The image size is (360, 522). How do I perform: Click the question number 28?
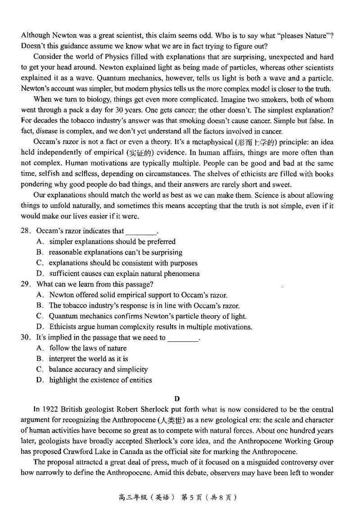pyautogui.click(x=25, y=231)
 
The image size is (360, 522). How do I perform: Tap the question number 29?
pyautogui.click(x=25, y=284)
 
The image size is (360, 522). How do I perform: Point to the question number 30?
pyautogui.click(x=25, y=337)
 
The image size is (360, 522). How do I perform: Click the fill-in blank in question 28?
pyautogui.click(x=141, y=232)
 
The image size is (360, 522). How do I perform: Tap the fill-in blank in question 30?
pyautogui.click(x=183, y=338)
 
